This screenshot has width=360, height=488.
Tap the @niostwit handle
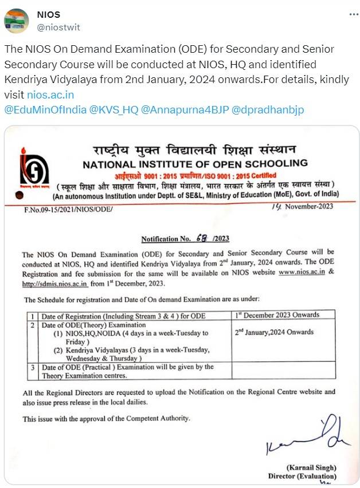(x=58, y=27)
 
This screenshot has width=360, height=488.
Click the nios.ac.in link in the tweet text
(x=58, y=94)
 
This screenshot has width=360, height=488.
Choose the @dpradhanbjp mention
(x=268, y=109)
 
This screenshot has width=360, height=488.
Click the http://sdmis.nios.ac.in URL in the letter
(x=55, y=282)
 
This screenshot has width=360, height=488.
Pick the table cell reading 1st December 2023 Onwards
(x=277, y=314)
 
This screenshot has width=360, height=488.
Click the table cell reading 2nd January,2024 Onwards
(x=274, y=332)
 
